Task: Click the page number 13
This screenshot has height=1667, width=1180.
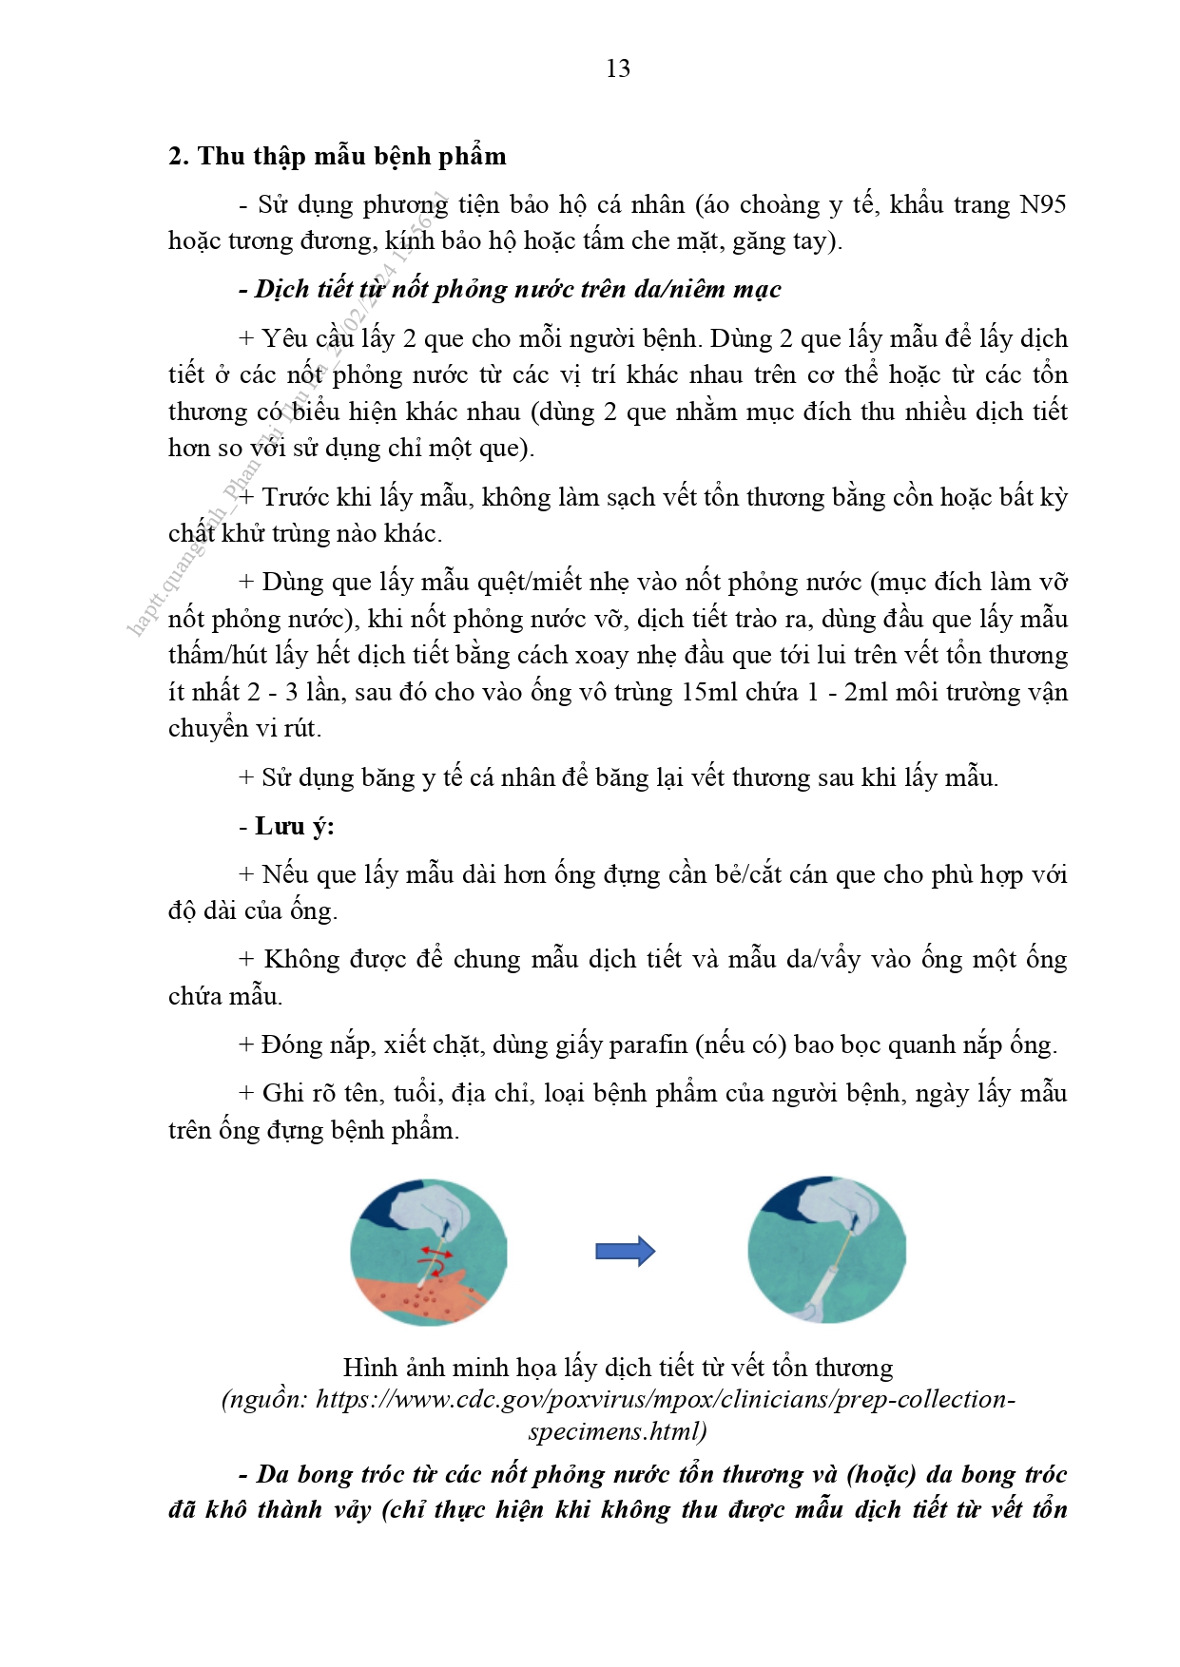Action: tap(617, 68)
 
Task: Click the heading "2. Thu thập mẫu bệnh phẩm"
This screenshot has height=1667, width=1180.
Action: tap(338, 156)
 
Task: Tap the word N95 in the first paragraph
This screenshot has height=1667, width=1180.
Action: tap(1042, 204)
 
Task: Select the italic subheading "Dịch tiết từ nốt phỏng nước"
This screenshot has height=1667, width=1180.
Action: tap(517, 289)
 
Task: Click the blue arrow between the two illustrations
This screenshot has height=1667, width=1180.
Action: tap(625, 1251)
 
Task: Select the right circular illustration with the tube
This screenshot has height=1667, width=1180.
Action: tap(825, 1251)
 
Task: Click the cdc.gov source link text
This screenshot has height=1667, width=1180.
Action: tap(618, 1399)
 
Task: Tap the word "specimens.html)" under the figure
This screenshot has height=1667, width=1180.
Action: tap(617, 1430)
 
